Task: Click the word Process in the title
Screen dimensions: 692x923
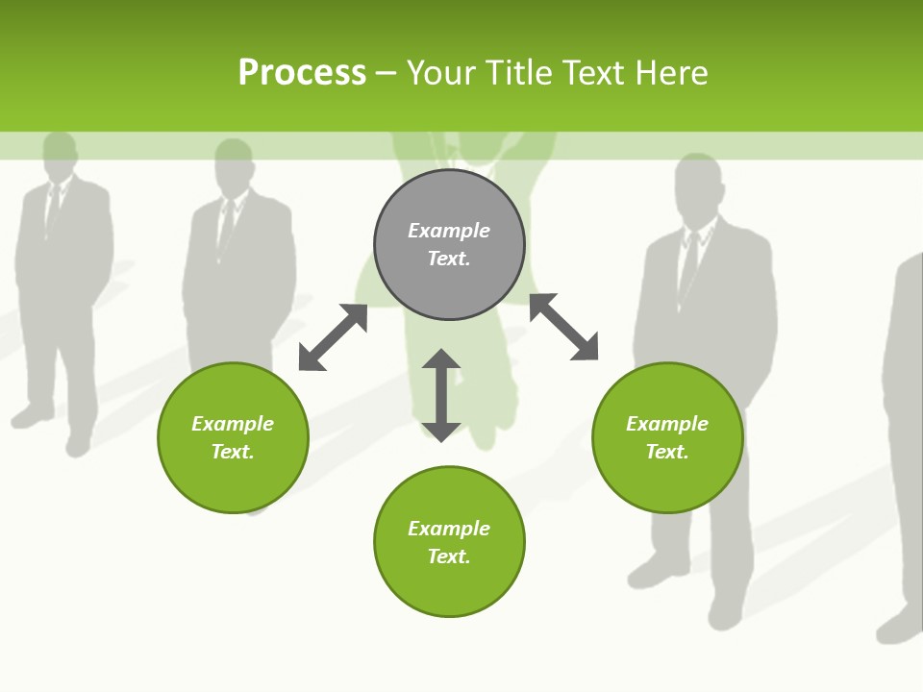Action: (x=302, y=72)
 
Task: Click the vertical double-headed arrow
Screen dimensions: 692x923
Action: (x=441, y=395)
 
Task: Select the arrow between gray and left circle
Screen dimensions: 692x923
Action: (x=333, y=337)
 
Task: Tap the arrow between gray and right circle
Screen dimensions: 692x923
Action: (x=563, y=327)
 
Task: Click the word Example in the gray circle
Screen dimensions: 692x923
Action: (x=449, y=231)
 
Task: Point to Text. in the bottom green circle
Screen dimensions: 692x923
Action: (x=449, y=556)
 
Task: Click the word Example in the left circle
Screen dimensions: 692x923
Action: (x=233, y=424)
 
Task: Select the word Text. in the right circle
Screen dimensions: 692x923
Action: (x=667, y=452)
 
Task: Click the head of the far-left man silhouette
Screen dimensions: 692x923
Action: (x=60, y=154)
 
